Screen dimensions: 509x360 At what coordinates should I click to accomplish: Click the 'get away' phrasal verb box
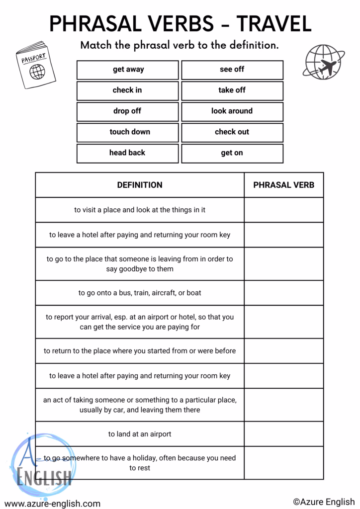[127, 70]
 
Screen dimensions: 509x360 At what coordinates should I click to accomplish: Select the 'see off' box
[232, 70]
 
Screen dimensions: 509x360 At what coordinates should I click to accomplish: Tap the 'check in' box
[127, 90]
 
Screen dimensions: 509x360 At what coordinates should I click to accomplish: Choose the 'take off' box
[232, 90]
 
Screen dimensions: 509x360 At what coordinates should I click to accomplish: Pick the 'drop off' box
[127, 111]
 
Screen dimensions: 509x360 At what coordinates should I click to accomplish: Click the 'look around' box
[232, 111]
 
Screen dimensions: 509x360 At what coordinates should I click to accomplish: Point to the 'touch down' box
[127, 132]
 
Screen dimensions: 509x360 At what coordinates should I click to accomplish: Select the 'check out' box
[232, 132]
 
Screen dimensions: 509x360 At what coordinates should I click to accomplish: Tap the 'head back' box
[127, 153]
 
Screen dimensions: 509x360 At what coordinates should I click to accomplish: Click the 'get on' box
[232, 153]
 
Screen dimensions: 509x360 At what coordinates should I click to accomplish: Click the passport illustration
[35, 65]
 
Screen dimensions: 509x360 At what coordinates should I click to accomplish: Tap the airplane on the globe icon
[326, 67]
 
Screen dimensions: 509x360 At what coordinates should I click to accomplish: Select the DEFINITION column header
[140, 185]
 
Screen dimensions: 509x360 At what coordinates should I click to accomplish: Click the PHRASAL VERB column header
[284, 185]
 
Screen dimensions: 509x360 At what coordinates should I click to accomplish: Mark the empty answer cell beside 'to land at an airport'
[284, 434]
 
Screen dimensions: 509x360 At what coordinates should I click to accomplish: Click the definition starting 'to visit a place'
[140, 210]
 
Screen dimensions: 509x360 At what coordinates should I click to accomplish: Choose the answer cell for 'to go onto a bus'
[284, 293]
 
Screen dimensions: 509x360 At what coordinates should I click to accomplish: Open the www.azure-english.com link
[52, 504]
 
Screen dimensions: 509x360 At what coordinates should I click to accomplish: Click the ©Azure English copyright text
[324, 502]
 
